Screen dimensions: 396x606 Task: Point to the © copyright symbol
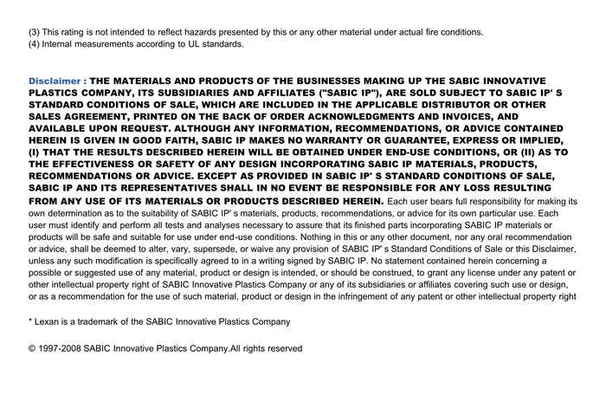(32, 348)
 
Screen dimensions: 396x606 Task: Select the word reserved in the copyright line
(282, 348)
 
